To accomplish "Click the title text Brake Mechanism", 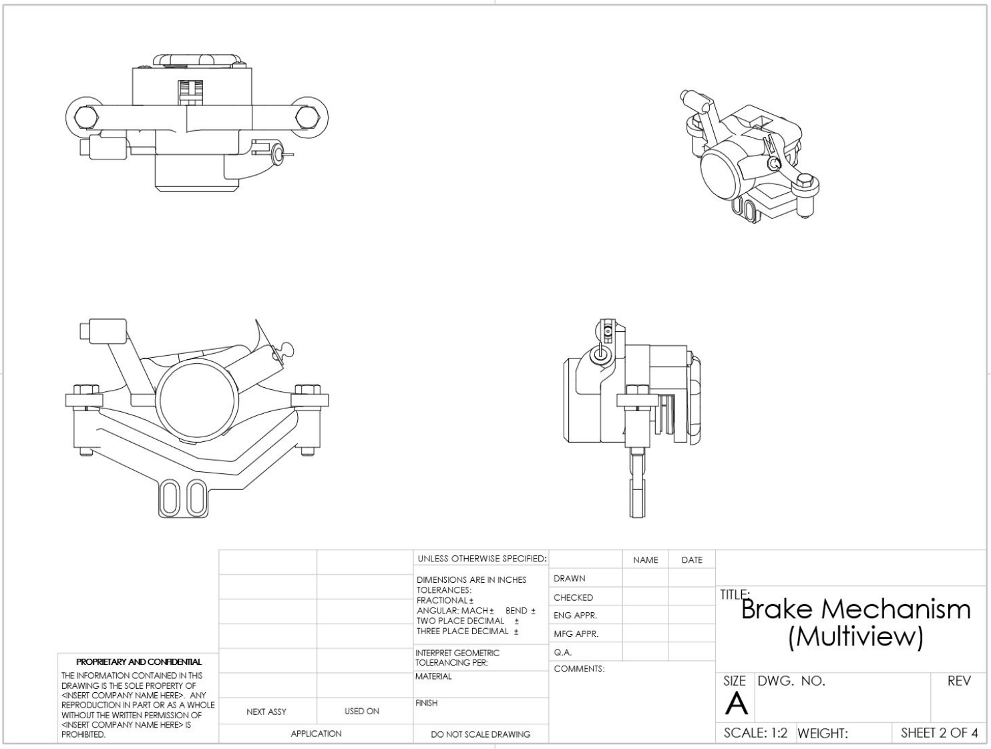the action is [856, 609].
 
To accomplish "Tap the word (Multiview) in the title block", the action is [855, 637].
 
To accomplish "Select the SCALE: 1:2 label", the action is [755, 733].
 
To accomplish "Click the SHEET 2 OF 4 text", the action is [939, 733].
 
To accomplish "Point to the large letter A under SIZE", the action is [736, 704].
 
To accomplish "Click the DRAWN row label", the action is [570, 579].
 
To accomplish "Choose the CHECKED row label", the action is [574, 597].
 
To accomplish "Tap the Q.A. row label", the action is [562, 652].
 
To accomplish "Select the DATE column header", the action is [692, 560].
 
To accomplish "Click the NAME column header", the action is [645, 560].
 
